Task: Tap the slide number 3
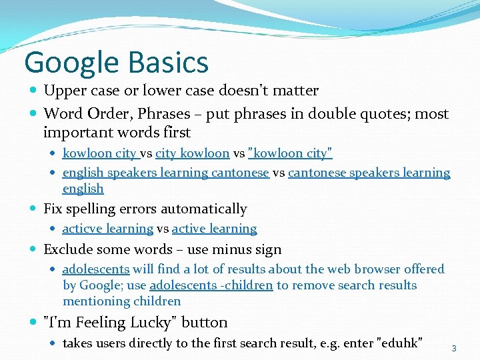click(454, 348)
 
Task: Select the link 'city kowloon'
click(192, 153)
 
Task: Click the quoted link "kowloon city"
click(290, 153)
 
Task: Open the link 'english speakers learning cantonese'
click(165, 173)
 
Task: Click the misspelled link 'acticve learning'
click(107, 229)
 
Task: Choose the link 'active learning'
click(214, 229)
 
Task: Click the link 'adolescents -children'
click(211, 285)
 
